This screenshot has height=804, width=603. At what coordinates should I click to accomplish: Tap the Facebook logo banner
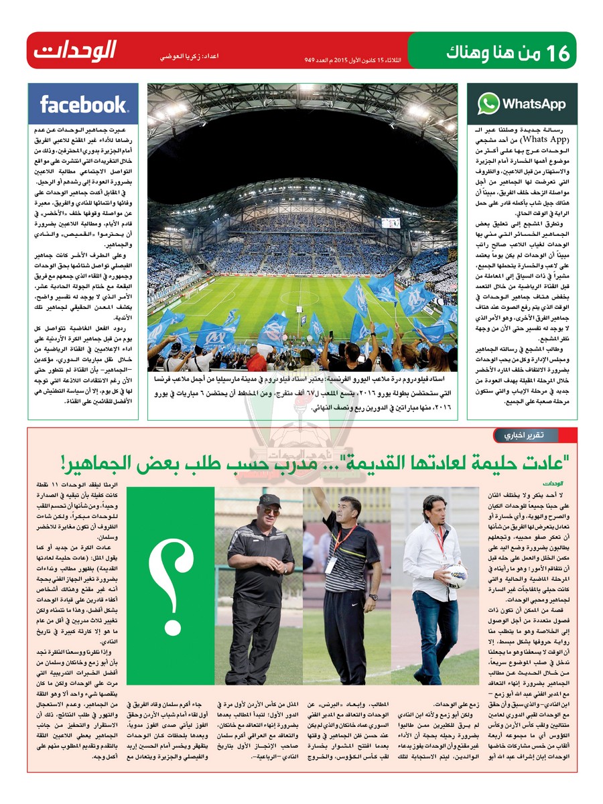[83, 105]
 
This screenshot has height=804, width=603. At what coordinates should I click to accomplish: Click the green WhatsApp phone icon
[488, 104]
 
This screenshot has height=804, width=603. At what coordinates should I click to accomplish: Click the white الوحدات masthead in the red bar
[76, 50]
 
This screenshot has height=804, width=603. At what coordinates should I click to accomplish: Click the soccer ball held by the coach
[457, 576]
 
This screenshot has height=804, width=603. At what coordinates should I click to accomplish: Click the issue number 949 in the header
[310, 60]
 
